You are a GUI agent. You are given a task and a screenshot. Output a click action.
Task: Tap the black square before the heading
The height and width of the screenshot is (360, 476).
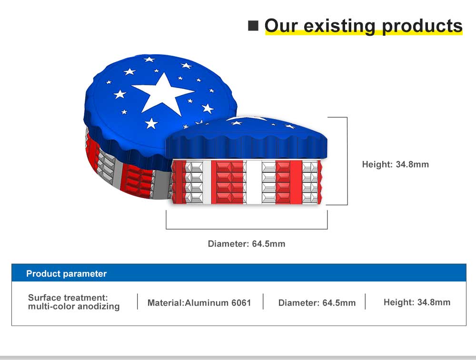point(253,26)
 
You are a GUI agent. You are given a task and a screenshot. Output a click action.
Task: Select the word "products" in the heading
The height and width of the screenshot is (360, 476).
point(422,27)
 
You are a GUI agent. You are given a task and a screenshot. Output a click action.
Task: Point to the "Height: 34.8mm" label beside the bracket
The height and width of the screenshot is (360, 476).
point(395,164)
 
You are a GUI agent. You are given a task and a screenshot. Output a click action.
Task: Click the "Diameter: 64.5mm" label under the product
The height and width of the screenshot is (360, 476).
point(247,244)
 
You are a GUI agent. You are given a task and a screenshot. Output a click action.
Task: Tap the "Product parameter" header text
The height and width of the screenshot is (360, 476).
point(67,274)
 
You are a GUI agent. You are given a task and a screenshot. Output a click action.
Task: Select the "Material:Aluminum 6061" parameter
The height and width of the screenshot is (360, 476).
point(199,302)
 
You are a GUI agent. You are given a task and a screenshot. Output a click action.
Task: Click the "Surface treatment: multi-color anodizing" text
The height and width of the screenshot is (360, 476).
point(74,302)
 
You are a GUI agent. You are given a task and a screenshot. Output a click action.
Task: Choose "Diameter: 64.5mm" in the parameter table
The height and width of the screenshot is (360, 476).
point(317,302)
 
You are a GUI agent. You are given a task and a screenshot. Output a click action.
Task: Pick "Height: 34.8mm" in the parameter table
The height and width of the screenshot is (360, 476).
point(417,302)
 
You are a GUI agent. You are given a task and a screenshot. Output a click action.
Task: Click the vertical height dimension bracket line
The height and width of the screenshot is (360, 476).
point(347,161)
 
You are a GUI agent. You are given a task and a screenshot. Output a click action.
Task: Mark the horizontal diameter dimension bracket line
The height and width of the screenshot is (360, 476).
point(247,229)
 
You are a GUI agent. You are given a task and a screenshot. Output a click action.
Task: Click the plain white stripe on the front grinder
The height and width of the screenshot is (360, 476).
point(254,182)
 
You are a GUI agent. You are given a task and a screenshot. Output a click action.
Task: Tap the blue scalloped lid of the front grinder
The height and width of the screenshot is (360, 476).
point(247,140)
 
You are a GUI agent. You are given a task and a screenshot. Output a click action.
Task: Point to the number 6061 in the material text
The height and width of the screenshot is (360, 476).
point(241,302)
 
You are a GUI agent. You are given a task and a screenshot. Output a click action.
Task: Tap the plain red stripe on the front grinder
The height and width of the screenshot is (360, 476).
point(296,182)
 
